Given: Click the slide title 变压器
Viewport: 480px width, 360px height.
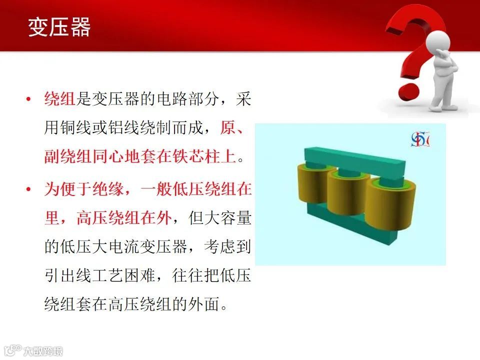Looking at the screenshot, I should click(59, 27).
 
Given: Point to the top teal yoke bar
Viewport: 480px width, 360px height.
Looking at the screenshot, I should click(354, 159).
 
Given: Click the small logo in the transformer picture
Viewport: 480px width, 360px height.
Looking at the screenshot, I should click(420, 139).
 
